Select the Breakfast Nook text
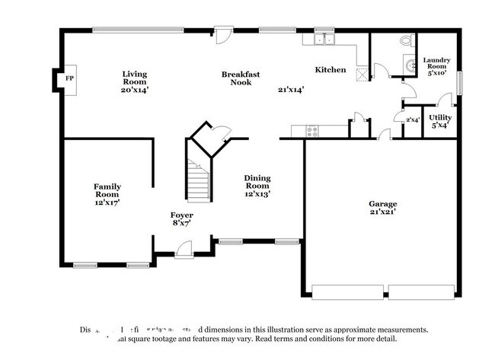coord(241,78)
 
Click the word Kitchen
coord(331,70)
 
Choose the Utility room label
coord(440,121)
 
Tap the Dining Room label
coord(257,186)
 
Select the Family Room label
coord(107,194)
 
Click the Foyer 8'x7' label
coord(181,220)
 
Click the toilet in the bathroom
coord(405,40)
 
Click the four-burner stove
coord(312,131)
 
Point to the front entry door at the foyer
coord(184,247)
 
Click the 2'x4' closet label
coord(412,120)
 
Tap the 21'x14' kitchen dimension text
coord(291,89)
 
